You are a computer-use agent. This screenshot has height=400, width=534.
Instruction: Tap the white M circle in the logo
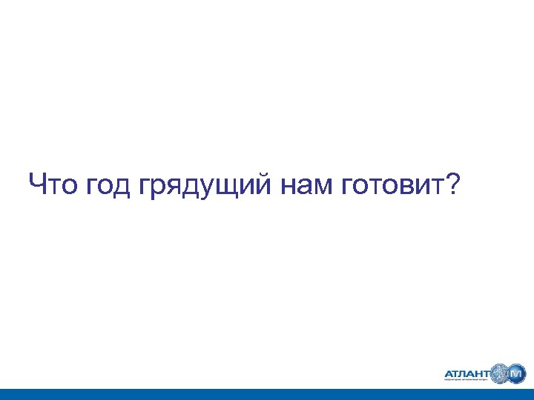[517, 373]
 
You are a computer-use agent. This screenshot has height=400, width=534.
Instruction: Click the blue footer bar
[267, 394]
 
